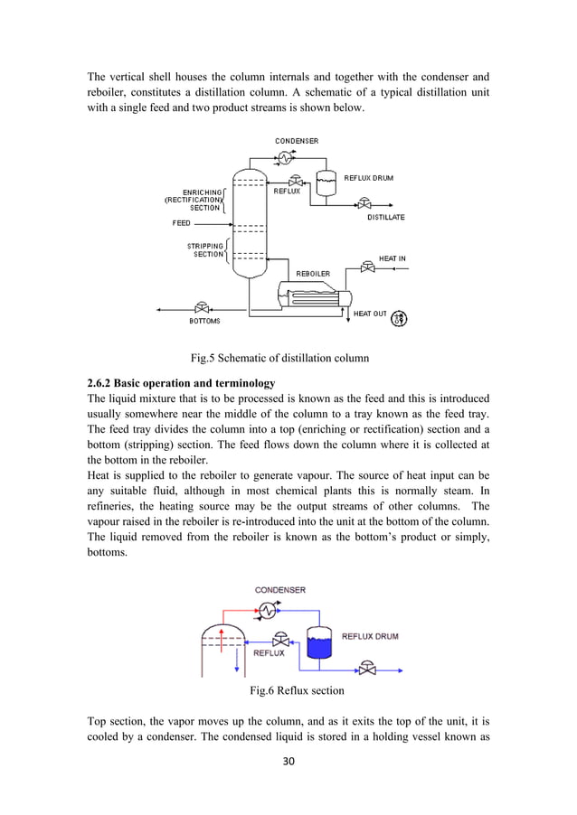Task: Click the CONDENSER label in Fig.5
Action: [x=297, y=141]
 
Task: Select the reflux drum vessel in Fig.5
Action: [x=325, y=181]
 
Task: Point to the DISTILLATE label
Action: [x=386, y=218]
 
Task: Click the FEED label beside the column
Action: [x=182, y=223]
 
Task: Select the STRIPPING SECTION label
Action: [x=205, y=249]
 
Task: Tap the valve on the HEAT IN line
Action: [x=367, y=267]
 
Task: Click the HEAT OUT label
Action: [x=370, y=314]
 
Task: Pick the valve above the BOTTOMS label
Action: [x=203, y=308]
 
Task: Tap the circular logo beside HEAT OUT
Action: [x=399, y=317]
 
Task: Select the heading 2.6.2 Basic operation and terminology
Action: [x=181, y=384]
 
